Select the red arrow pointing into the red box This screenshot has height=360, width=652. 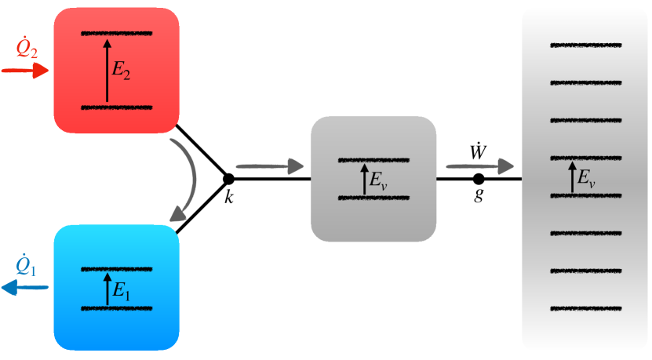click(24, 71)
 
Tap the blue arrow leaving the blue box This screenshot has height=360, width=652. click(24, 288)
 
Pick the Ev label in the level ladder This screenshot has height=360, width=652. click(585, 180)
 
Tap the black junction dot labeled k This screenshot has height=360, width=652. click(228, 179)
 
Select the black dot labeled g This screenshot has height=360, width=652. click(479, 179)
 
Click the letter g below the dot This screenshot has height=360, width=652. click(479, 197)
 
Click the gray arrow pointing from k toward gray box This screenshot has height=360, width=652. click(269, 165)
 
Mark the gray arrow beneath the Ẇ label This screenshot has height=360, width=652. click(479, 165)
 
